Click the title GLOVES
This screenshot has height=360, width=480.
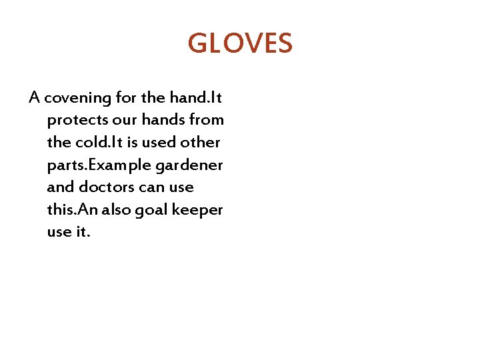[x=240, y=44]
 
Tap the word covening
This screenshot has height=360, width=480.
[x=77, y=98]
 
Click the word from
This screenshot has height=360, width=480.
[x=207, y=121]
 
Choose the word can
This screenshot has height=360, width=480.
[x=151, y=187]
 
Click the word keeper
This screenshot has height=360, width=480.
[x=198, y=211]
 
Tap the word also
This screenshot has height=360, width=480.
[x=115, y=210]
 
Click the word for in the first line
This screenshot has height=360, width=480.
[x=125, y=98]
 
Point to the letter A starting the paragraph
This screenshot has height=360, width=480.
[x=35, y=98]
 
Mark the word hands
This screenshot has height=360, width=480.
[x=161, y=121]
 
